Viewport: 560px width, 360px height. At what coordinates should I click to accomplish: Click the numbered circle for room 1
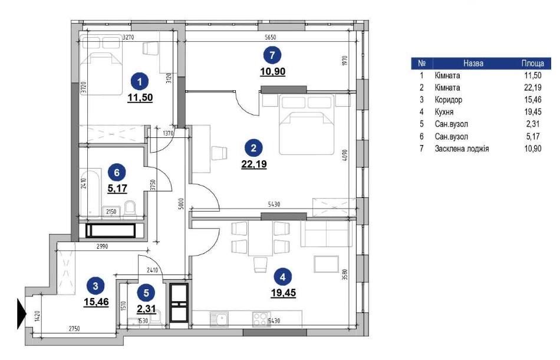140,82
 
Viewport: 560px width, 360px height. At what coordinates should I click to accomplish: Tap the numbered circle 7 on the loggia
272,55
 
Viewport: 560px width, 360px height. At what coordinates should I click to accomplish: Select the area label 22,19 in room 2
254,164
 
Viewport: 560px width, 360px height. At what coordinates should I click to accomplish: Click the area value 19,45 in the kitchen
283,293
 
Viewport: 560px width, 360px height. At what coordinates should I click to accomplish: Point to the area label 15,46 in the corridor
96,302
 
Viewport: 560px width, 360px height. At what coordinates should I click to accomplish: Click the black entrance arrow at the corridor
22,313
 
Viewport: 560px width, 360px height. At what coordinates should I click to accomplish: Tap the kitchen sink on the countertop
219,319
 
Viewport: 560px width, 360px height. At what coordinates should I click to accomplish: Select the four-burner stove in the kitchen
261,319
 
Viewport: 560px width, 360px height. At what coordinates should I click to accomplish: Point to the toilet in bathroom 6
130,209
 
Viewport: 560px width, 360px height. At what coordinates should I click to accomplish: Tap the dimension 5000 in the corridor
181,203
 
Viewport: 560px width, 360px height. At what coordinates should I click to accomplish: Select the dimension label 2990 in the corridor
103,246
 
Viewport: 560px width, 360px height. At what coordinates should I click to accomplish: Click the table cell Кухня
444,112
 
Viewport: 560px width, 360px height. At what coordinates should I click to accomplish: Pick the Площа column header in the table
532,63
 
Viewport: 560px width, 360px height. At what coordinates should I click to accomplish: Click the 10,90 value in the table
533,148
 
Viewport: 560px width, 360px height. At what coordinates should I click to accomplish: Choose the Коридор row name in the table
448,100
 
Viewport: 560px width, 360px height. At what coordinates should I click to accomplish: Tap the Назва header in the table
473,63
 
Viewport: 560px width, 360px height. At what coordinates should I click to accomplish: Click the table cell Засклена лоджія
462,148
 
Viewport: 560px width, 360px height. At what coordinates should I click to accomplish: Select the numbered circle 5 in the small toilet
146,293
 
